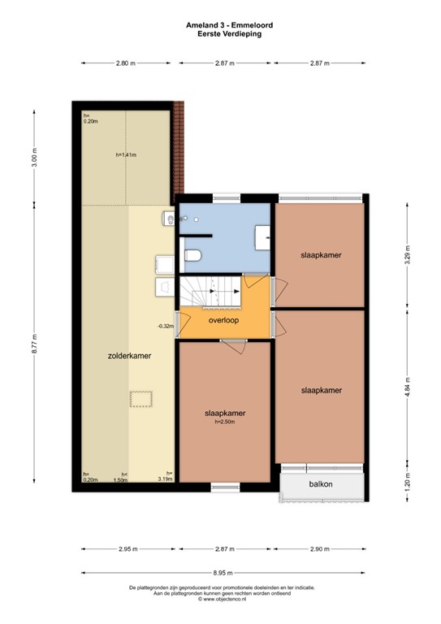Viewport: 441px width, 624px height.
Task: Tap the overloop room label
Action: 225,321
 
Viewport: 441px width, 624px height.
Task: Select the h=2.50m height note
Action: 225,421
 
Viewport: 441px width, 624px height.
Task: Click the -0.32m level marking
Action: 166,326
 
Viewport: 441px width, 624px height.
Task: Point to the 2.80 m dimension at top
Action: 125,63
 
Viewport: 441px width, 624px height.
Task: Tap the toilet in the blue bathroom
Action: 193,257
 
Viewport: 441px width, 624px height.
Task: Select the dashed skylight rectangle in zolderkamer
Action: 141,397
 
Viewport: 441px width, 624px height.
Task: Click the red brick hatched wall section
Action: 179,150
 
